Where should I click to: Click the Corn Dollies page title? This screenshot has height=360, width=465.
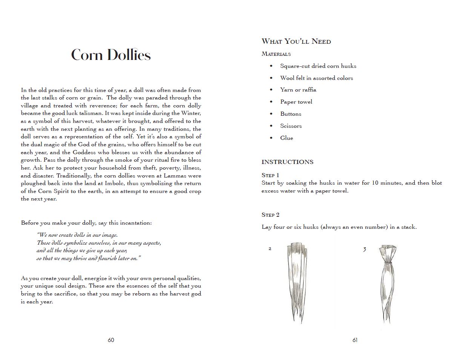click(x=111, y=55)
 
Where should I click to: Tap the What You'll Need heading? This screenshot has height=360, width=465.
click(x=296, y=41)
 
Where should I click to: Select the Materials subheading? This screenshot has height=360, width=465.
click(x=276, y=54)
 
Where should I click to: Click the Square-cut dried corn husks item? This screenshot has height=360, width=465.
click(x=318, y=66)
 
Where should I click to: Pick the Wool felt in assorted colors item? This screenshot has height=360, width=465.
click(x=316, y=78)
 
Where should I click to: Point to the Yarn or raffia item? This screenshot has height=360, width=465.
click(x=298, y=90)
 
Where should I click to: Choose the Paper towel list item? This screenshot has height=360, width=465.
click(x=296, y=102)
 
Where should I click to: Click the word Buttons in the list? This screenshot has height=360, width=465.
click(x=290, y=114)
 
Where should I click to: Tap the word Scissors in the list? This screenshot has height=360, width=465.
click(x=291, y=126)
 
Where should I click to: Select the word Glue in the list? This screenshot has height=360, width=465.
click(x=286, y=138)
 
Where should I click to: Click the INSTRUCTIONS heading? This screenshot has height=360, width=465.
click(x=287, y=162)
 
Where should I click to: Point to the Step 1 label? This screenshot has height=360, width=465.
click(x=270, y=175)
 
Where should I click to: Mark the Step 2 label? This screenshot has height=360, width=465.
click(x=270, y=215)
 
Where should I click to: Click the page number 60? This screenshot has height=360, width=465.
click(x=111, y=340)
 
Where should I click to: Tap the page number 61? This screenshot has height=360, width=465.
click(x=355, y=340)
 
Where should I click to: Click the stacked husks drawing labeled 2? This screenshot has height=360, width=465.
click(x=298, y=283)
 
